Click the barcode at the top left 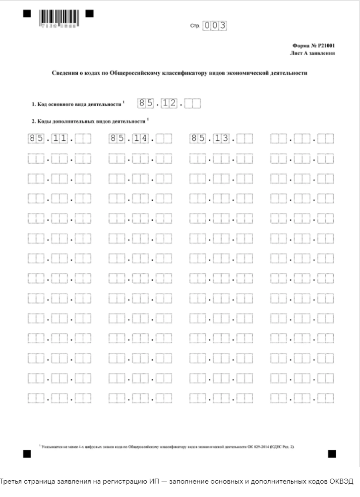click(x=58, y=17)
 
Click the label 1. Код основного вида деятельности click(x=77, y=105)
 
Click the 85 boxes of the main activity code click(x=145, y=104)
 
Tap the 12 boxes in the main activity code click(x=169, y=104)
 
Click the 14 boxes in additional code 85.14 click(x=140, y=138)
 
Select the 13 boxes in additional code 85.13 click(x=221, y=138)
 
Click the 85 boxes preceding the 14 click(x=117, y=138)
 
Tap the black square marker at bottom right click(x=332, y=453)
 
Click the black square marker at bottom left click(x=27, y=453)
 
